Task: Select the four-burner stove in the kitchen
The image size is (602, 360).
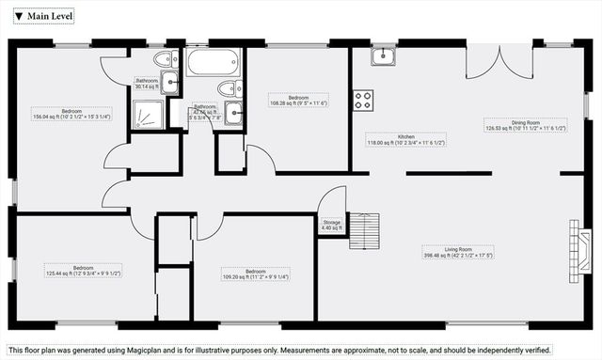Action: pos(363,100)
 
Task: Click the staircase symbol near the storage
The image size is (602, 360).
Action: pos(365,230)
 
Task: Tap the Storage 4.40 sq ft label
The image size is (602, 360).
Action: pos(332,226)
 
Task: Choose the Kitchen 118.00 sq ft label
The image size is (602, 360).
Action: pos(405,140)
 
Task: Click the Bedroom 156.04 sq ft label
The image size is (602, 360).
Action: pos(71,115)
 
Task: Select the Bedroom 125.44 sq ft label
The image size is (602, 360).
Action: pos(84,270)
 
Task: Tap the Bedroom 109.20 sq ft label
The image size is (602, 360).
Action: pos(255,274)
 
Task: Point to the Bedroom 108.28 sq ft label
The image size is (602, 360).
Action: pos(300,101)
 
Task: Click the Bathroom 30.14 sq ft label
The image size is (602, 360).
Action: pos(147,84)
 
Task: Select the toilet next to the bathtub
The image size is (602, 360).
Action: pos(228,88)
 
